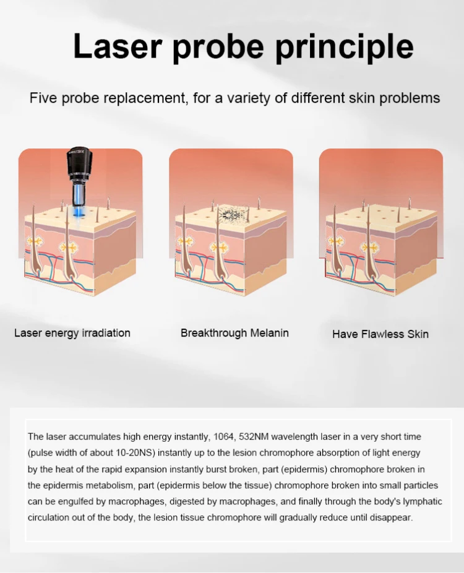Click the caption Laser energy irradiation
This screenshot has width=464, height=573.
coord(72,333)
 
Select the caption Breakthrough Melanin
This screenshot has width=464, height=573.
coord(234,333)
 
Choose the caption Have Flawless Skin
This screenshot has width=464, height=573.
coord(380,334)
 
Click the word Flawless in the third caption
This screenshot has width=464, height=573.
coord(380,334)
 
